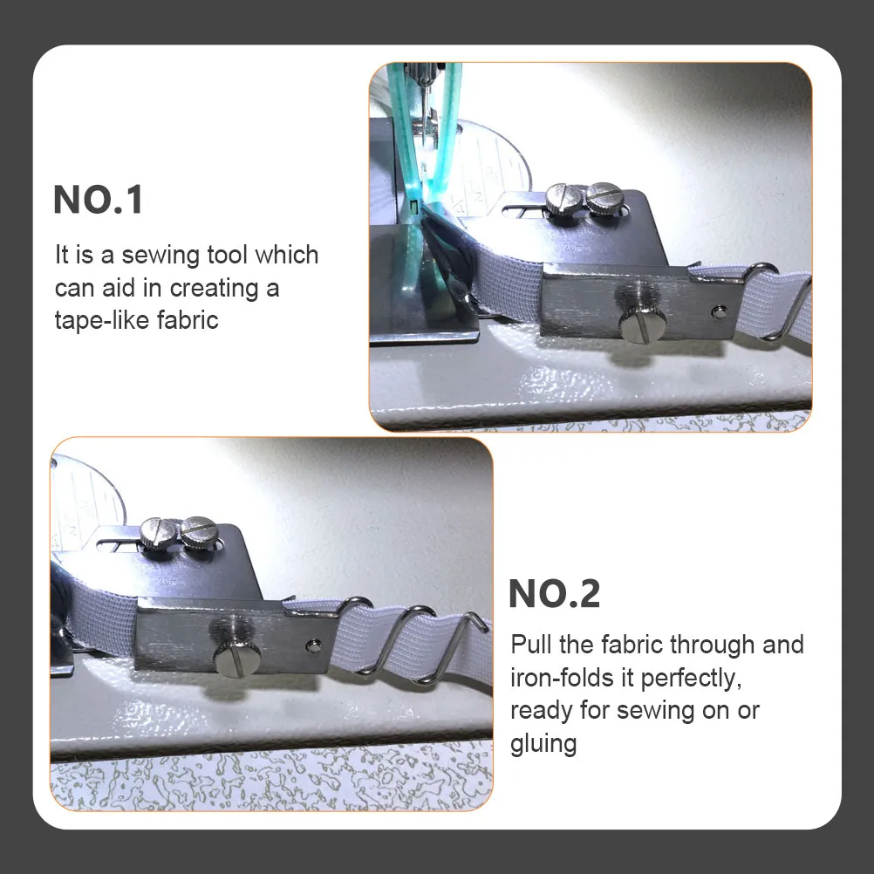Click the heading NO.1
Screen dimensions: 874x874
(98, 200)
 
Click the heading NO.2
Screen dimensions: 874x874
(555, 594)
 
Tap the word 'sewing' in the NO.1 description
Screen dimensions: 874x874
(160, 256)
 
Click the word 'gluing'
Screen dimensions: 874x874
(543, 745)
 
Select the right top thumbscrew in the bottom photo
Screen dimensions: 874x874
(198, 532)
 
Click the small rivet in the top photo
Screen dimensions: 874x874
(720, 311)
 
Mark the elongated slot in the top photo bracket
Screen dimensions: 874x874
(524, 211)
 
